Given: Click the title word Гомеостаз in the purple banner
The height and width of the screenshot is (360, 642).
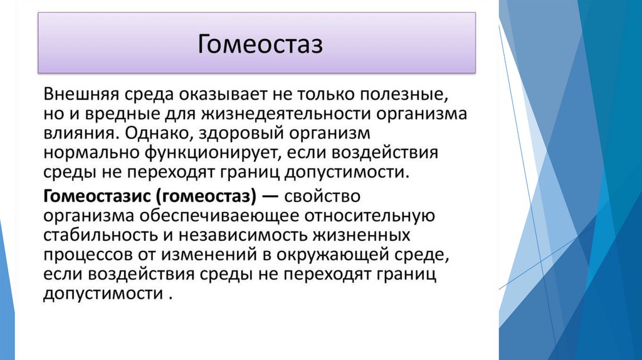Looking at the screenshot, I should [x=260, y=45].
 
